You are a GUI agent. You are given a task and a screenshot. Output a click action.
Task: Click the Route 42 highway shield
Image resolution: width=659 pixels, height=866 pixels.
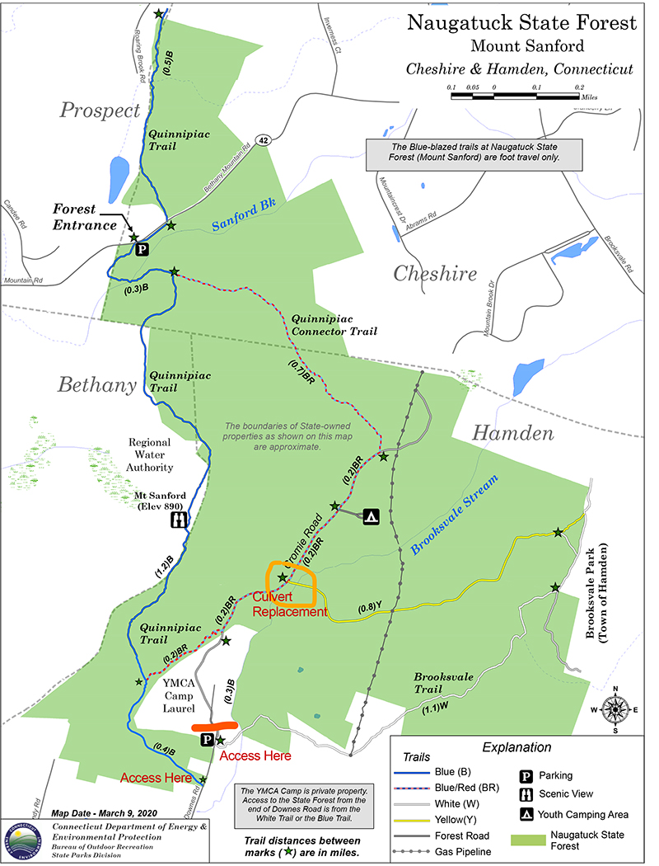[x=262, y=140]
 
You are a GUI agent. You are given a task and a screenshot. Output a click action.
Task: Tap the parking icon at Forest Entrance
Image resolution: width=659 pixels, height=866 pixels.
[x=142, y=248]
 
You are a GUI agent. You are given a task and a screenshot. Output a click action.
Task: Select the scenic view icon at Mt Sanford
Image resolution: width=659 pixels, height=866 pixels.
[x=179, y=520]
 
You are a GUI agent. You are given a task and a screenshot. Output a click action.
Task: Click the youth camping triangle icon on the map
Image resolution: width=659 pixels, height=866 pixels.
[x=371, y=516]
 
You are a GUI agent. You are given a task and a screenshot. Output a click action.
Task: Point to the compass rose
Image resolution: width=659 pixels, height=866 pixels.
[x=615, y=709]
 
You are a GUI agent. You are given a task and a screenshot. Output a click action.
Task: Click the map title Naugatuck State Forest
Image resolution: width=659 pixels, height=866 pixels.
[x=522, y=21]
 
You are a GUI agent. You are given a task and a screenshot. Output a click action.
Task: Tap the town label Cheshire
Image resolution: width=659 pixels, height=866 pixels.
[x=435, y=274]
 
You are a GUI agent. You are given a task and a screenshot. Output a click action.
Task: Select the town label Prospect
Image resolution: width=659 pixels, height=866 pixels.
[x=100, y=111]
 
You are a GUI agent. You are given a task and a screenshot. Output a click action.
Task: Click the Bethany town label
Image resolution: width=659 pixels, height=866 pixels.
[x=96, y=384]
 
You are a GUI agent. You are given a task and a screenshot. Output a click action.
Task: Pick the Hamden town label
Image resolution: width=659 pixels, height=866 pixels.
[x=512, y=434]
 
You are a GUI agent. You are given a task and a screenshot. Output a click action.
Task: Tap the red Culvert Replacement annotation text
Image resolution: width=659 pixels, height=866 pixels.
[x=289, y=605]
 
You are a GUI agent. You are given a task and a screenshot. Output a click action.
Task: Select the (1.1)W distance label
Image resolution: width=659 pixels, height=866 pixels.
[x=437, y=708]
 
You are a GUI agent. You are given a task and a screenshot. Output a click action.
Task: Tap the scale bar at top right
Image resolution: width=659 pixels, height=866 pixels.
[x=516, y=96]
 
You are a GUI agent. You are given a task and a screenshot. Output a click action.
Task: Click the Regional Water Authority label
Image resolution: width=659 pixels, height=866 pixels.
[x=150, y=455]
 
